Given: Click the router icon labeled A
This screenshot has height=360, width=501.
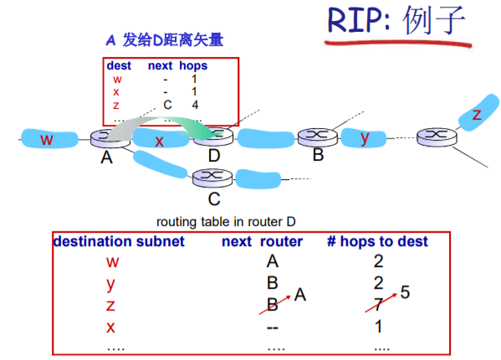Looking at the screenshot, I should click(x=110, y=138).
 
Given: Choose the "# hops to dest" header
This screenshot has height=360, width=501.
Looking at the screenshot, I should click(x=377, y=242).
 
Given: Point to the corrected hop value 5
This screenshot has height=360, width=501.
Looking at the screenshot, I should click(x=406, y=293).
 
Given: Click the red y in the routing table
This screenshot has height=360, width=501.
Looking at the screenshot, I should click(x=110, y=282).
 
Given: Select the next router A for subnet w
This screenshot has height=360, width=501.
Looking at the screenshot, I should click(x=271, y=261).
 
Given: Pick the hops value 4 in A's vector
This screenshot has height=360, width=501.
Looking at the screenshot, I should click(x=194, y=105).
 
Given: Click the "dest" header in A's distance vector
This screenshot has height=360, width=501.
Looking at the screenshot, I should click(x=118, y=65).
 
